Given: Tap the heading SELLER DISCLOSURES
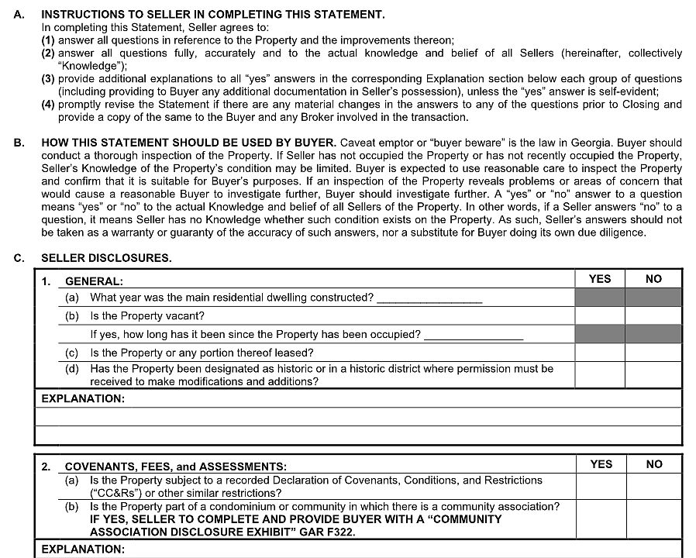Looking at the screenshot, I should coord(106,258).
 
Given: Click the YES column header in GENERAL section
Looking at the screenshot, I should coord(599,279).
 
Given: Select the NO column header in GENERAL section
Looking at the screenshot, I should coord(653,279).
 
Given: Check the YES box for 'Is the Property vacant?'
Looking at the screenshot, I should coord(599,316).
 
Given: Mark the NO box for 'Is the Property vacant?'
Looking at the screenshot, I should coord(653,316).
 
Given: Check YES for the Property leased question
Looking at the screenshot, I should coord(599,353).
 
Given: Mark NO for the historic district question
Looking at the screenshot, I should coord(653,375).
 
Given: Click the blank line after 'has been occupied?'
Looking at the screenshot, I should coord(474,336).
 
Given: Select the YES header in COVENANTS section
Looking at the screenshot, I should coord(601,464).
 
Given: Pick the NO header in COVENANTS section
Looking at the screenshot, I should coord(654,464).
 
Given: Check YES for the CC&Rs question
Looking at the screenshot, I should coord(601,487).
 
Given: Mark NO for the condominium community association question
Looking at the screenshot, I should coord(654,519).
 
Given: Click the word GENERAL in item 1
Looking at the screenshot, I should coord(94,282).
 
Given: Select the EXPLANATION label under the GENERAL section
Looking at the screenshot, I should coord(82,398).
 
